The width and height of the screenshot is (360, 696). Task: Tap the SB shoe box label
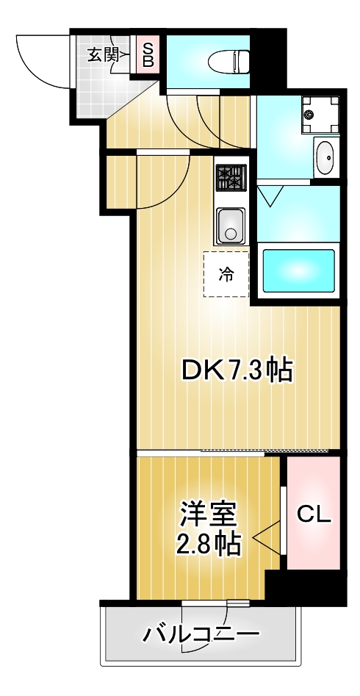148,54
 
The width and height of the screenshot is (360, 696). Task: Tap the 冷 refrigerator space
226,275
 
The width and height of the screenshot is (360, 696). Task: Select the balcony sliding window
216,603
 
